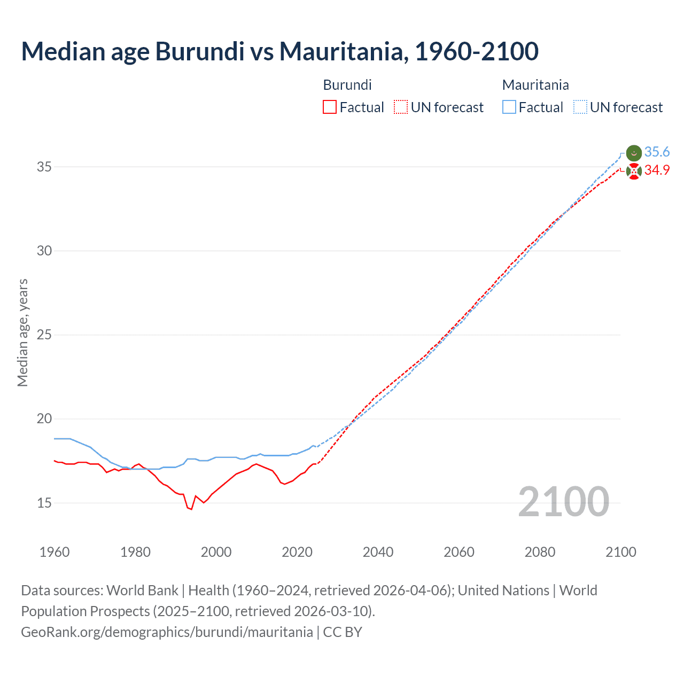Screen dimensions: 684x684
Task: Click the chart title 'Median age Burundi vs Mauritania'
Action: coord(279,52)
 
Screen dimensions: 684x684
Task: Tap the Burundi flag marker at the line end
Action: coord(633,172)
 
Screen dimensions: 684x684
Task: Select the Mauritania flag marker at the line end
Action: coord(633,153)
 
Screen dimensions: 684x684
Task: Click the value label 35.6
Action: coord(657,152)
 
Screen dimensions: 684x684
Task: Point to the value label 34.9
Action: coord(657,170)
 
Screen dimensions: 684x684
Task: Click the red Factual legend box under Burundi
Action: coord(330,107)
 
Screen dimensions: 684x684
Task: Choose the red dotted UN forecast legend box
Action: coord(401,107)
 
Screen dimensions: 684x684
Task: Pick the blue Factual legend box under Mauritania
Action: coord(509,107)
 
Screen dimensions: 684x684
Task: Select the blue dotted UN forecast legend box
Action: coord(580,107)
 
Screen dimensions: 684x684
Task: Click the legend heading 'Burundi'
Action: coord(347,85)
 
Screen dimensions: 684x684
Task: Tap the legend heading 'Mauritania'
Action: coord(535,85)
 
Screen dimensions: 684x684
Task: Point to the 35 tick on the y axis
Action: coord(44,167)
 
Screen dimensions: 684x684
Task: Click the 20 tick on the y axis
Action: coord(44,419)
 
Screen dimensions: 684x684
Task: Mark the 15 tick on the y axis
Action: coord(44,503)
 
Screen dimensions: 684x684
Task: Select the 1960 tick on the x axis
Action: coord(55,552)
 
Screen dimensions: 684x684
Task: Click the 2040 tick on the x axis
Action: coord(378,552)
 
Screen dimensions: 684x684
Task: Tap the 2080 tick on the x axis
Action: coord(540,552)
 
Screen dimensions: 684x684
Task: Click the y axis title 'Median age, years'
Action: coord(22,332)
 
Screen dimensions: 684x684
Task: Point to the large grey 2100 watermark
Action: coord(563,502)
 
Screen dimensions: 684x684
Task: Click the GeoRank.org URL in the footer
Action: coord(167,632)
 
